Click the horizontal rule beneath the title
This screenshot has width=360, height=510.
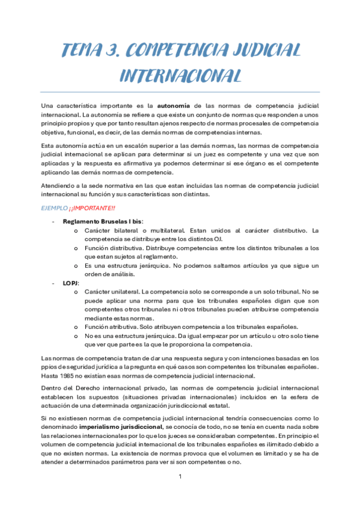click(180, 93)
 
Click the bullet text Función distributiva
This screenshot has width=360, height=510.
click(113, 248)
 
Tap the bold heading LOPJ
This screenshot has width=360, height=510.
click(70, 283)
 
